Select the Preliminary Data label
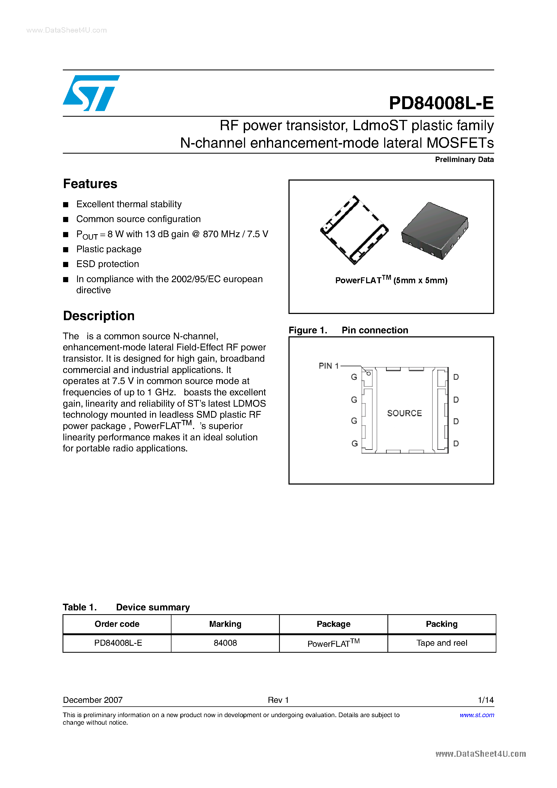click(464, 160)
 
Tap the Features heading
click(90, 184)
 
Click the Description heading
click(99, 316)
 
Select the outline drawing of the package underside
click(354, 230)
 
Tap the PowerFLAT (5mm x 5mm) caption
click(391, 280)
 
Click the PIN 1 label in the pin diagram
click(328, 366)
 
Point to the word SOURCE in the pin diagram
click(404, 413)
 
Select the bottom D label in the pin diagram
click(456, 443)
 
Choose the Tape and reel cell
click(441, 643)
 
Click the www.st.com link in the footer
click(477, 715)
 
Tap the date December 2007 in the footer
click(93, 700)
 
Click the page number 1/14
click(485, 700)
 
